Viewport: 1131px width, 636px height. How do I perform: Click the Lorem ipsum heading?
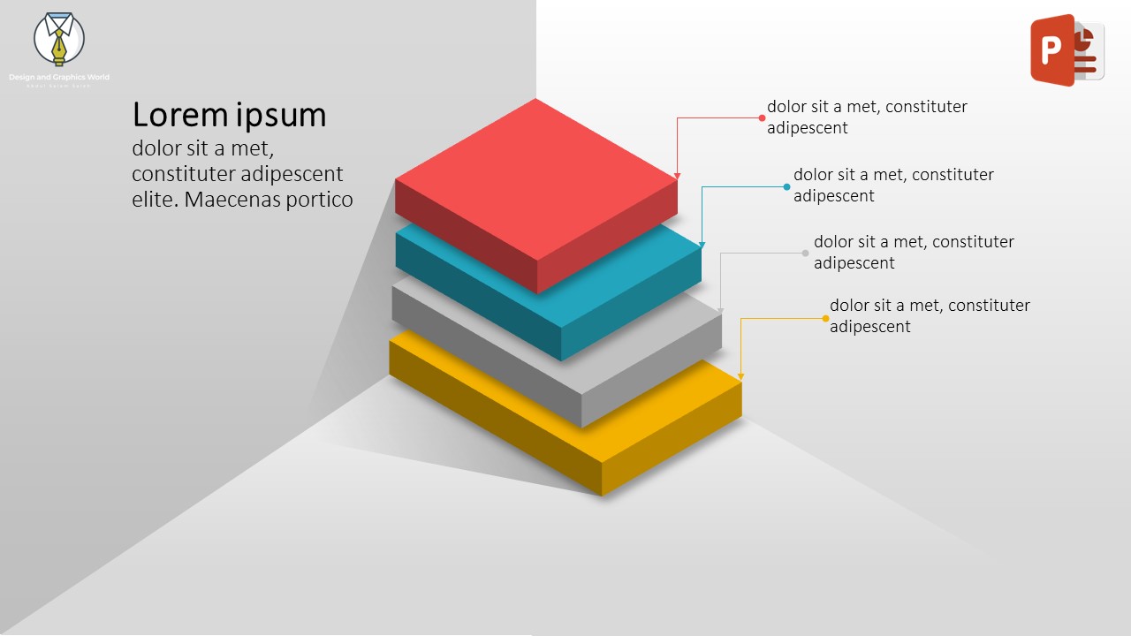click(229, 115)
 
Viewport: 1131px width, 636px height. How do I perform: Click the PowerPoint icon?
click(1066, 50)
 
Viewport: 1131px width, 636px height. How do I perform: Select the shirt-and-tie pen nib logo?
click(58, 40)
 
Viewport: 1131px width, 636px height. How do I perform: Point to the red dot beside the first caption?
click(762, 117)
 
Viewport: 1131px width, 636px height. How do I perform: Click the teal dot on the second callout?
click(786, 186)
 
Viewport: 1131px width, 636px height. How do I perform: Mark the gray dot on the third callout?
click(805, 254)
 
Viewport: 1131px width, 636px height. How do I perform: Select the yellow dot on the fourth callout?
click(826, 318)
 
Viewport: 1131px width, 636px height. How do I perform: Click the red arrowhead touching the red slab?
click(678, 176)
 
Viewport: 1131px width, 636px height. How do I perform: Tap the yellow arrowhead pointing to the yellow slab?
click(740, 376)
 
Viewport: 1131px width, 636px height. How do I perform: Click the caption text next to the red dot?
click(866, 117)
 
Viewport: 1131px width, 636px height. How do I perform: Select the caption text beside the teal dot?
click(892, 185)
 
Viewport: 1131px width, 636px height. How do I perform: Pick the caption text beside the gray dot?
click(913, 252)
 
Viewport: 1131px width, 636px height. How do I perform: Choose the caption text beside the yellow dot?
click(929, 315)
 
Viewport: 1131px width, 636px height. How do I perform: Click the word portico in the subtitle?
click(319, 200)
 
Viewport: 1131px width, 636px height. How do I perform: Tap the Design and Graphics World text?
click(59, 78)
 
